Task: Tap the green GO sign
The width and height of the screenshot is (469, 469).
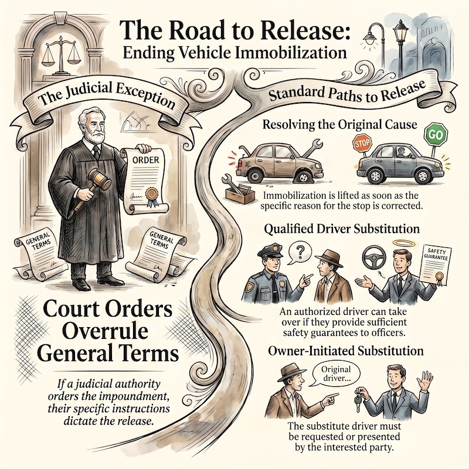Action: point(436,135)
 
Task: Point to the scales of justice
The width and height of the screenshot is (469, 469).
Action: point(62,54)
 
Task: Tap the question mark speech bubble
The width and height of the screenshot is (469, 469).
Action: point(299,253)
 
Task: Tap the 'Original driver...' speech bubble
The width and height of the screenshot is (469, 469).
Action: point(335,374)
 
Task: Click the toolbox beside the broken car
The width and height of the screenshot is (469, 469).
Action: point(239,193)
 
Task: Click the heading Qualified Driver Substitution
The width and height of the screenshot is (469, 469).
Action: point(342,229)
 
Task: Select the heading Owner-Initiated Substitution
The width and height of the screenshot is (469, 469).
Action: point(346,351)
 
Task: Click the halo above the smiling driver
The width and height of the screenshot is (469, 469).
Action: point(399,243)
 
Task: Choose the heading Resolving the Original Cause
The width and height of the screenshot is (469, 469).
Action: point(339,124)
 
